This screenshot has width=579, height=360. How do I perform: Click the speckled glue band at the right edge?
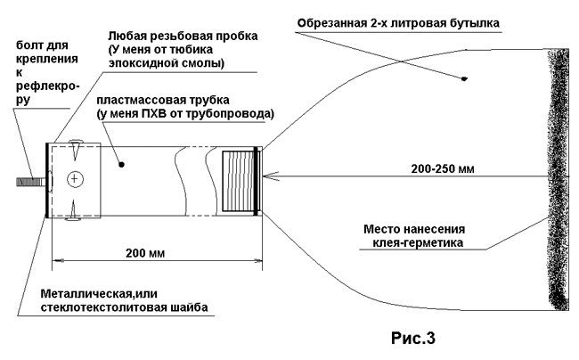tap(557, 178)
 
